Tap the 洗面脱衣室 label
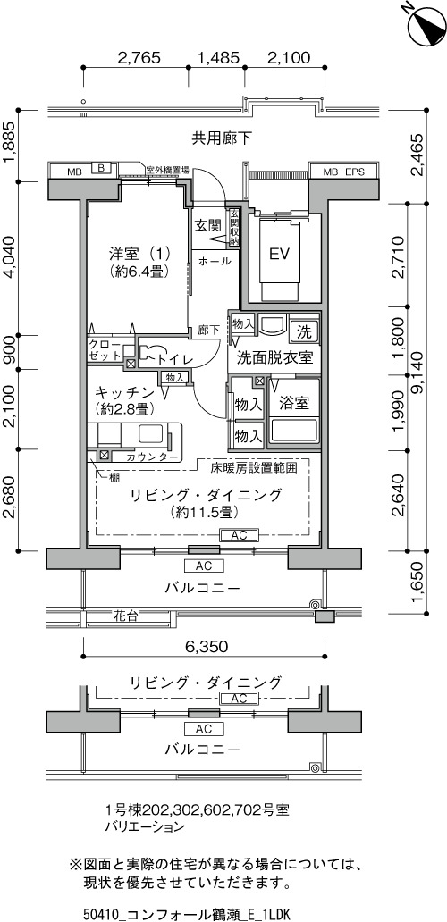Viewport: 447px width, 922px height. click(x=274, y=357)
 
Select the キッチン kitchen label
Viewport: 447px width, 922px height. click(x=124, y=392)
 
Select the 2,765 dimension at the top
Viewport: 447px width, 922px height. click(x=139, y=57)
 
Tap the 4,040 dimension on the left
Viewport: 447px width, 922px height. click(x=10, y=257)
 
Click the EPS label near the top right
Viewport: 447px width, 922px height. click(x=355, y=172)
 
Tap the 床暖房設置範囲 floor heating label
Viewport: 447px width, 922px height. click(x=253, y=468)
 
